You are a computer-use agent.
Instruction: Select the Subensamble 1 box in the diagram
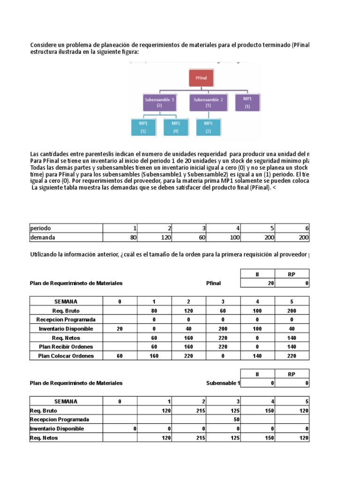159,103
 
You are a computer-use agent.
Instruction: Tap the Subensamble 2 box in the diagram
208,103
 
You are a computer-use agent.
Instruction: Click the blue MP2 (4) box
176,127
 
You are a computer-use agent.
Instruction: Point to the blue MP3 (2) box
208,127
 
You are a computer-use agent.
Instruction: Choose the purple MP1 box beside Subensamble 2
247,103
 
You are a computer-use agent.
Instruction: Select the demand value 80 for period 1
133,237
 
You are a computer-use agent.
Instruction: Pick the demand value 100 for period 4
235,237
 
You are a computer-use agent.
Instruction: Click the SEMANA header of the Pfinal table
66,302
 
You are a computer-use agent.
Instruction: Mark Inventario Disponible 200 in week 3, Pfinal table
223,329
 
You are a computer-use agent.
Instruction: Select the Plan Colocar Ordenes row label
66,355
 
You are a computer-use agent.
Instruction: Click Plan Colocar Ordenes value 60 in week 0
120,355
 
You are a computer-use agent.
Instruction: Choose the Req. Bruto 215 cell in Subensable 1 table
200,410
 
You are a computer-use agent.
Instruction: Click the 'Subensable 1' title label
223,383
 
